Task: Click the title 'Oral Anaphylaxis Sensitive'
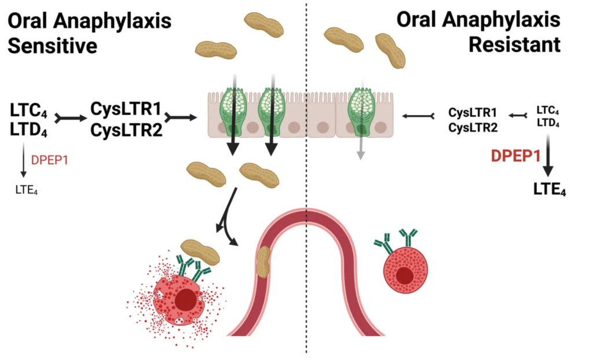click(x=89, y=33)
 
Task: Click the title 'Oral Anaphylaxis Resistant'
click(x=479, y=33)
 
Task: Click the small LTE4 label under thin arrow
click(x=25, y=189)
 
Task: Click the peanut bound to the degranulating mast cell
click(x=200, y=251)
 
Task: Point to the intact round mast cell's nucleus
click(x=405, y=276)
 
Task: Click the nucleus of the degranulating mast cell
click(x=186, y=299)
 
